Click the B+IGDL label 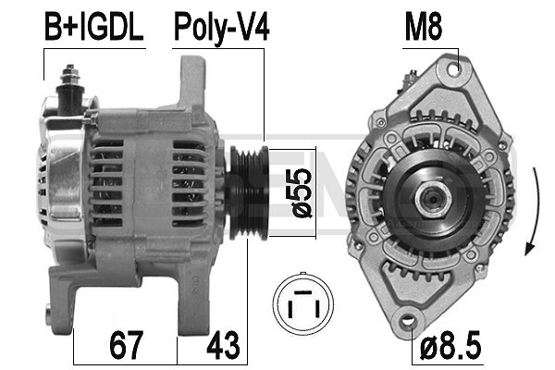[x=94, y=27]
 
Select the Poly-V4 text [x=222, y=27]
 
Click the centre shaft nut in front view [x=429, y=196]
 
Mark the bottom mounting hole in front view [x=407, y=324]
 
